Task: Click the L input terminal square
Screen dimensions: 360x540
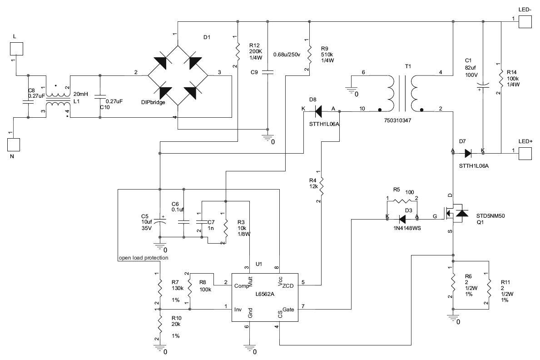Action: (17, 49)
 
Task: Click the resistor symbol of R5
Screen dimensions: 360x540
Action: (402, 200)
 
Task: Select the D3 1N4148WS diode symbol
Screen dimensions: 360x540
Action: (402, 218)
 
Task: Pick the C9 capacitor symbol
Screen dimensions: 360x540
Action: (268, 72)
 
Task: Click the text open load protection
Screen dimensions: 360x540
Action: (144, 258)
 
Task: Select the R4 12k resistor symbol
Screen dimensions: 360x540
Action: (322, 185)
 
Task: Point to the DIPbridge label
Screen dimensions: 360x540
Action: (153, 103)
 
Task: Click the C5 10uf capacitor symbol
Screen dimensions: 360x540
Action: (159, 221)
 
